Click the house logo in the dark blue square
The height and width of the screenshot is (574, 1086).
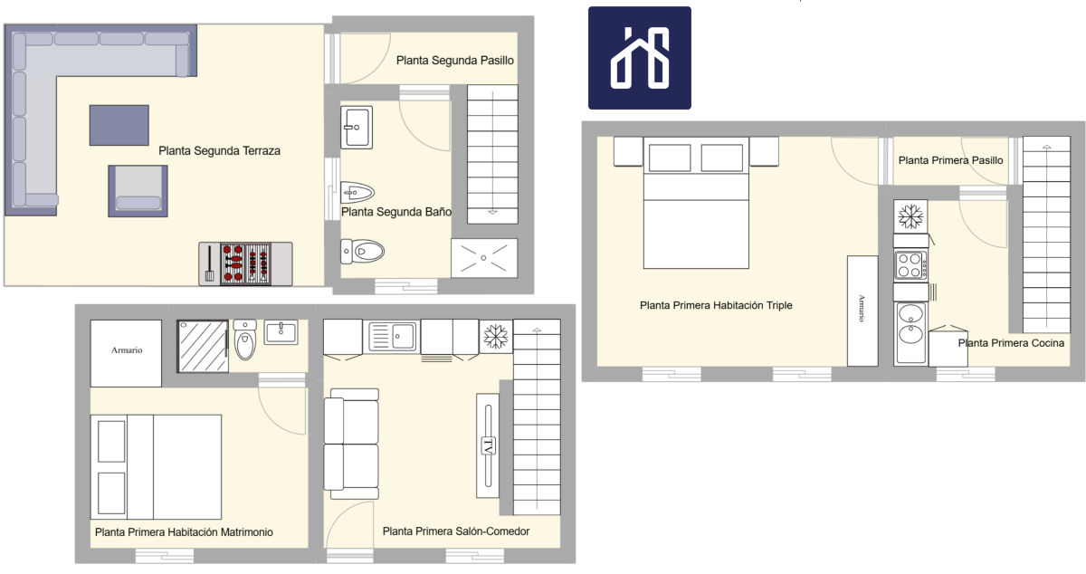[x=640, y=58]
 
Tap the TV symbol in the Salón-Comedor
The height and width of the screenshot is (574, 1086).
[x=488, y=446]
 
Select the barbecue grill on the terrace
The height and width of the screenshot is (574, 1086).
[x=245, y=264]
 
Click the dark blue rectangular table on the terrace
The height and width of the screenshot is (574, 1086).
[x=119, y=125]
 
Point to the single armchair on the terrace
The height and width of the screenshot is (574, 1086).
[x=138, y=191]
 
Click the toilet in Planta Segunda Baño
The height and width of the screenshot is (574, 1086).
[x=362, y=252]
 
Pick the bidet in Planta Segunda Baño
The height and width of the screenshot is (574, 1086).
[x=357, y=193]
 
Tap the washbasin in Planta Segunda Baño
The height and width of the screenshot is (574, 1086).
[x=357, y=128]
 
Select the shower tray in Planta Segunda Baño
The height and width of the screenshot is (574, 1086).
[x=484, y=258]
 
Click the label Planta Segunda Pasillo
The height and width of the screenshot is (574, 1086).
[x=454, y=61]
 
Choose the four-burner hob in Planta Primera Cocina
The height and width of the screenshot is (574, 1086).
[x=910, y=265]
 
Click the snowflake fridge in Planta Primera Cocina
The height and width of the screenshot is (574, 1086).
[x=910, y=216]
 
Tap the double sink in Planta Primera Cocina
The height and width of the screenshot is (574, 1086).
[x=910, y=333]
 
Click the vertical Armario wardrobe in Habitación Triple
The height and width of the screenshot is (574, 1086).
[x=862, y=311]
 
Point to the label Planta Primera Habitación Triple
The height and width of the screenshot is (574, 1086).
[x=716, y=306]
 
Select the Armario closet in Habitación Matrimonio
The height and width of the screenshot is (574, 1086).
[x=126, y=353]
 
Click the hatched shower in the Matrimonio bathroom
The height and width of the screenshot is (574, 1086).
[x=203, y=346]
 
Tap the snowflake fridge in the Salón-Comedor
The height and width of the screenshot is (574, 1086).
[x=496, y=336]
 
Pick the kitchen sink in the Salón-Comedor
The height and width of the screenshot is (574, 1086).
[x=392, y=336]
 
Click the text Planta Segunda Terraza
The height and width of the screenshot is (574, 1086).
[x=220, y=151]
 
